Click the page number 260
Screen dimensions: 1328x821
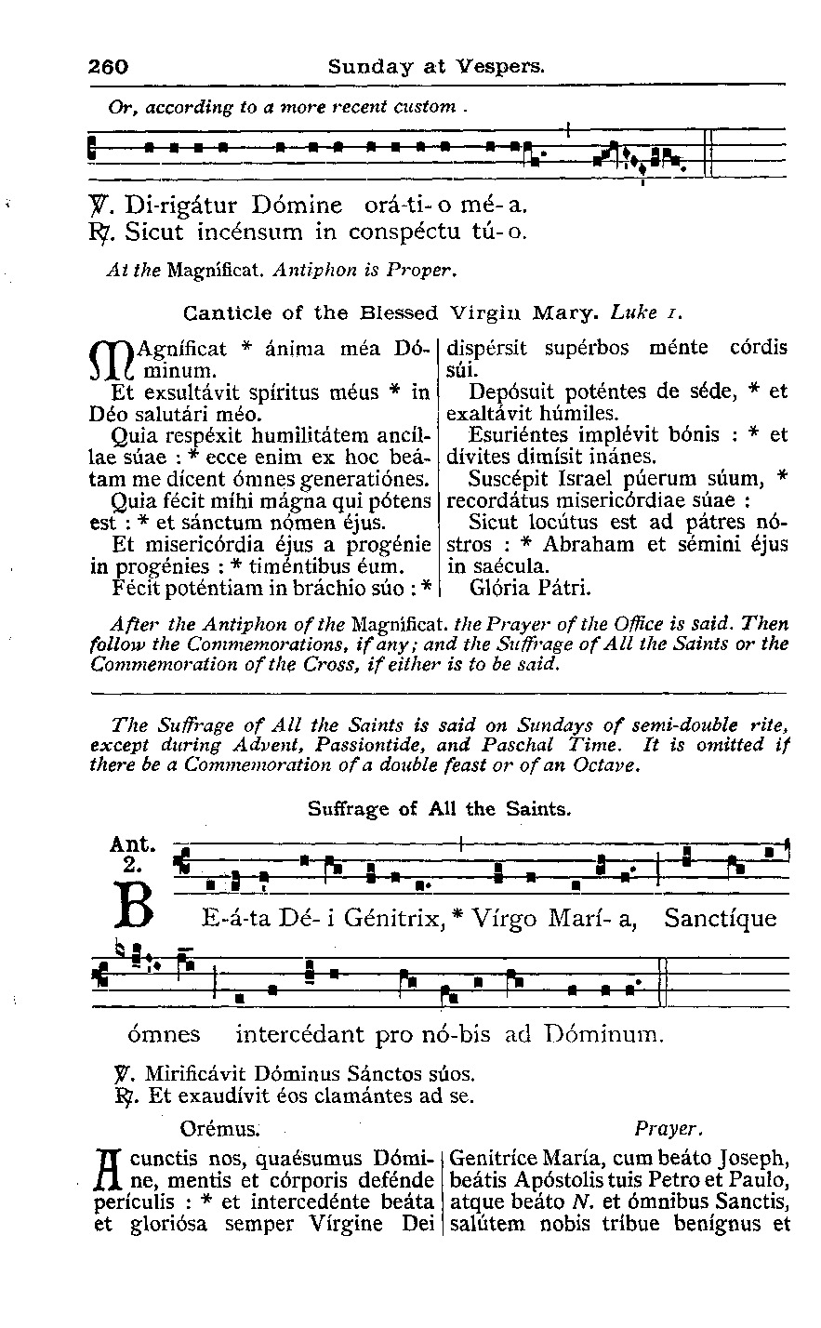point(108,67)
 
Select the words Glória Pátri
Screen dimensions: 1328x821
point(530,588)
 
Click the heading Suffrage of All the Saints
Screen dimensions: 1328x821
point(438,809)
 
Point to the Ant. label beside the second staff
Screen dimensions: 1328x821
point(131,844)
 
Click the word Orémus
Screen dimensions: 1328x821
point(219,1129)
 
